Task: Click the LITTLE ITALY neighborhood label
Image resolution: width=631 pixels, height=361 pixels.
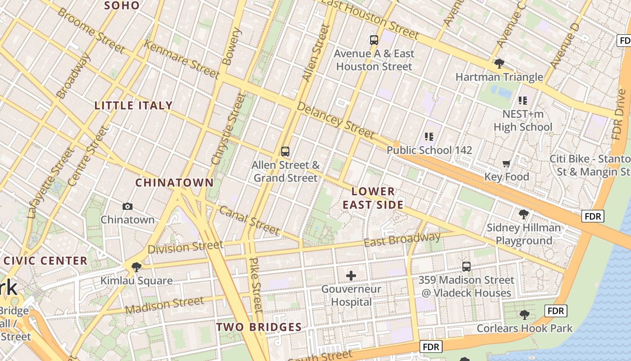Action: click(x=133, y=106)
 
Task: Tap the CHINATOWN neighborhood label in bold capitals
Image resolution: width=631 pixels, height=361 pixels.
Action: click(x=174, y=183)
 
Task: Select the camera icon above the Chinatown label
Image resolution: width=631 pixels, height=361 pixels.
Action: click(x=128, y=207)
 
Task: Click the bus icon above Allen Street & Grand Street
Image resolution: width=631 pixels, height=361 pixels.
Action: click(x=285, y=152)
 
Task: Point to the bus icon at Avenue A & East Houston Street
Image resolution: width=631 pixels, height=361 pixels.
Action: click(x=374, y=40)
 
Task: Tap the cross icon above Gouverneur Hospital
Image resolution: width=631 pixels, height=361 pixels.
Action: click(x=351, y=275)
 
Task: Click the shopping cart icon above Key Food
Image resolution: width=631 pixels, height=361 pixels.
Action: click(x=506, y=163)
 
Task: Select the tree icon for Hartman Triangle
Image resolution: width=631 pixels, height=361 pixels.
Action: click(x=499, y=63)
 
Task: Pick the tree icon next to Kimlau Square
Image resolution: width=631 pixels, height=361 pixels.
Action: click(x=136, y=267)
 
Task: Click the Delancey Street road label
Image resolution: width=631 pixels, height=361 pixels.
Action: click(x=335, y=120)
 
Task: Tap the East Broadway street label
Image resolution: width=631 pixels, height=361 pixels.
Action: click(x=402, y=240)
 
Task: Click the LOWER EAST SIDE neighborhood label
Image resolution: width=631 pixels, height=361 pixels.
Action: click(x=373, y=198)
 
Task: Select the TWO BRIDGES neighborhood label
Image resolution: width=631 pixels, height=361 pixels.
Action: click(x=259, y=327)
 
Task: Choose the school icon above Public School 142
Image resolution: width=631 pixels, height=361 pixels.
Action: click(x=429, y=136)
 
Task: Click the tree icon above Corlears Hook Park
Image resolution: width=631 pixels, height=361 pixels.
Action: click(x=524, y=315)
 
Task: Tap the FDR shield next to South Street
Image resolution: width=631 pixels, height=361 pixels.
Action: click(x=431, y=347)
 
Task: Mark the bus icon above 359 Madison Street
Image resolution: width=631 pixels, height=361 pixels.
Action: click(x=466, y=267)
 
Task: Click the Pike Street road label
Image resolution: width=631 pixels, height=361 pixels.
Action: click(x=256, y=285)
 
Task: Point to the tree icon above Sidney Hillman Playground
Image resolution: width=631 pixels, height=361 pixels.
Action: click(x=523, y=214)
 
